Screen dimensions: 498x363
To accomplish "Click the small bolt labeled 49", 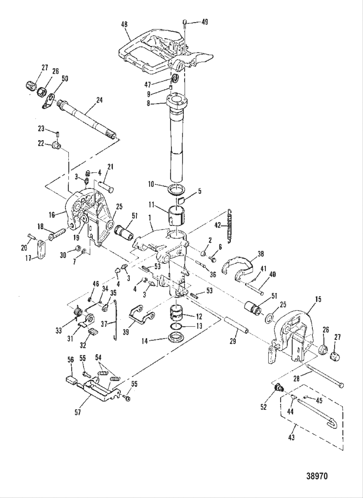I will (x=185, y=22).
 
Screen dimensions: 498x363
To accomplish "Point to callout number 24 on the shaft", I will (x=99, y=100).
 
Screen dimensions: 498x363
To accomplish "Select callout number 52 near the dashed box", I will (x=263, y=407).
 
